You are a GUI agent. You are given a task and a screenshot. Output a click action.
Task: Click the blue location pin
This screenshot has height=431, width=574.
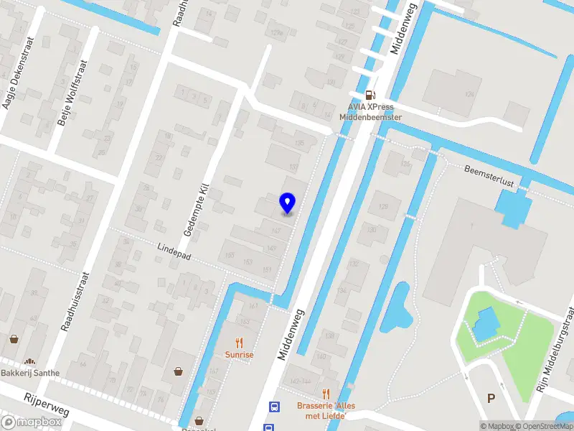[x=288, y=203]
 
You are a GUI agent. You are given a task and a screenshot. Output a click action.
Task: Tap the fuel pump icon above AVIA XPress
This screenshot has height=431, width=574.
[x=370, y=94]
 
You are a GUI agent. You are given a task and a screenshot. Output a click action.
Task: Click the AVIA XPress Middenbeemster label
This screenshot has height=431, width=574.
[x=370, y=112]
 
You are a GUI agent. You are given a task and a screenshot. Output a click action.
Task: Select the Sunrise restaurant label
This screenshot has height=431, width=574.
[x=239, y=355]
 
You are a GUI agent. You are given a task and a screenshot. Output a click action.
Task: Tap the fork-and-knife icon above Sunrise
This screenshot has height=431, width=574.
[x=240, y=343]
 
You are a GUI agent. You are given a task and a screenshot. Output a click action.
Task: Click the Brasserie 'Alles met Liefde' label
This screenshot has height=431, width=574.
[x=326, y=410]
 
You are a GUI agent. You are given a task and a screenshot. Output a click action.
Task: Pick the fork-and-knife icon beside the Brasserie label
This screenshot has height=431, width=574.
[x=326, y=393]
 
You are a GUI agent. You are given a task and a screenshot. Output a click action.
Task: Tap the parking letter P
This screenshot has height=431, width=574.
[x=491, y=398]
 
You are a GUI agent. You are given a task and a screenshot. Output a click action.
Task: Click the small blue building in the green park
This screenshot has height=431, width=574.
[x=484, y=322]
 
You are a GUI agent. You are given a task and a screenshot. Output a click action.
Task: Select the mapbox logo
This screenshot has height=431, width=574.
[x=31, y=422]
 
